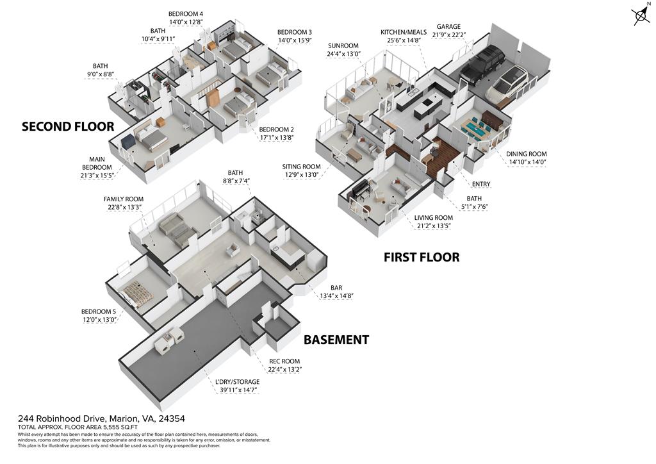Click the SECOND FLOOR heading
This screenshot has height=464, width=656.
[x=68, y=126]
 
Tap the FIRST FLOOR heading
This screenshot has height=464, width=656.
[x=421, y=258]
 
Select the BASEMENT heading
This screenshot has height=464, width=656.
[x=336, y=340]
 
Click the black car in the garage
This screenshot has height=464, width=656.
[x=482, y=65]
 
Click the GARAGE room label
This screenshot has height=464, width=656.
[x=448, y=27]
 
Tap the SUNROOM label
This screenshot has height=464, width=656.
[x=343, y=46]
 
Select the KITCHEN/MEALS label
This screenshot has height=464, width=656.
[x=402, y=32]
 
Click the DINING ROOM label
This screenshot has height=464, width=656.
[x=526, y=154]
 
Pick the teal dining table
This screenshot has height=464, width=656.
[x=477, y=130]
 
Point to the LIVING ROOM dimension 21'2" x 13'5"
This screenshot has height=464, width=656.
[x=434, y=226]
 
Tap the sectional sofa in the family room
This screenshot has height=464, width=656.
[x=175, y=229]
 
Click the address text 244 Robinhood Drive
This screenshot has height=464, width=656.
[x=63, y=418]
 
